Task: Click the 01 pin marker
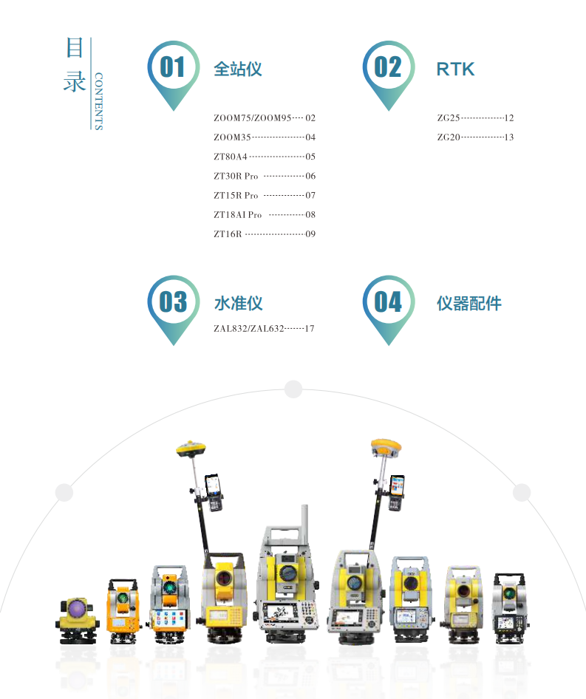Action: click(x=174, y=75)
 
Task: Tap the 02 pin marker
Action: click(x=389, y=75)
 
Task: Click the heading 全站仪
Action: click(x=238, y=69)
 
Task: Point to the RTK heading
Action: click(x=455, y=69)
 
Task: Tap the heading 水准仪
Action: click(x=238, y=304)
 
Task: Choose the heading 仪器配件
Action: click(x=469, y=304)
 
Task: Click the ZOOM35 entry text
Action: click(x=232, y=137)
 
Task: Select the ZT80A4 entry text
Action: click(x=230, y=157)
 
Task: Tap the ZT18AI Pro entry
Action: click(x=238, y=215)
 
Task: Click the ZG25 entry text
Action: click(x=449, y=118)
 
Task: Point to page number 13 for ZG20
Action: click(x=509, y=137)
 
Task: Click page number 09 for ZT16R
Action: click(x=310, y=234)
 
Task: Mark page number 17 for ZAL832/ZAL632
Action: click(x=310, y=329)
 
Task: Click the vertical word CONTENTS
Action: click(x=98, y=101)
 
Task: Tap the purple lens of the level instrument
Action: click(x=77, y=607)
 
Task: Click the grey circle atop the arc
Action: click(x=293, y=389)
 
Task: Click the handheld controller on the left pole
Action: click(x=214, y=492)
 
